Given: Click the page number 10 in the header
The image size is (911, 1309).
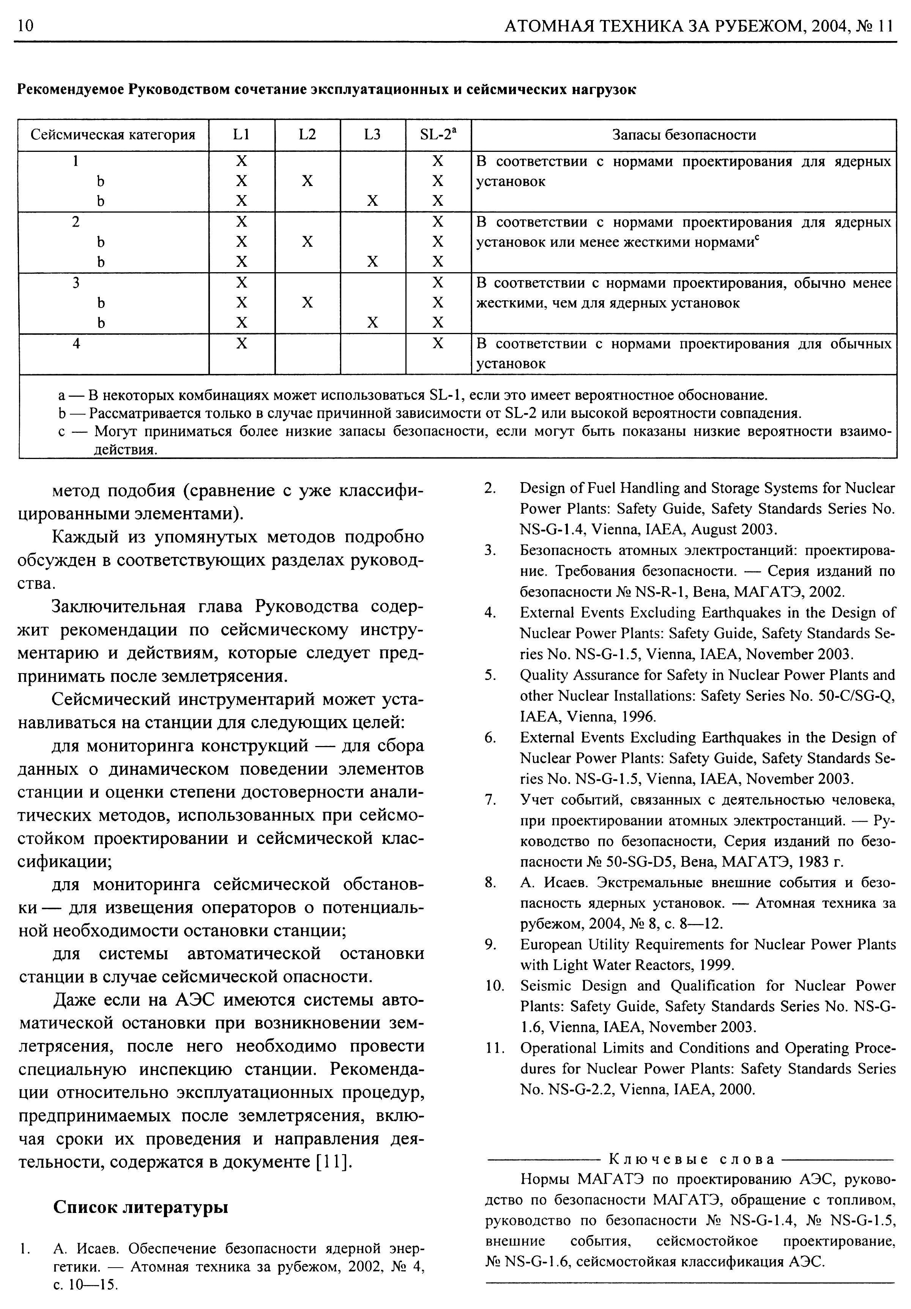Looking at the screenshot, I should [x=26, y=26].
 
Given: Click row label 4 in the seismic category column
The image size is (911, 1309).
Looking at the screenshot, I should [x=76, y=343].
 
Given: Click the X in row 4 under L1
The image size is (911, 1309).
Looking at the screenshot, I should [x=242, y=343].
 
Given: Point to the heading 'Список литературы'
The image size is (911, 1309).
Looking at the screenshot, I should [x=140, y=1207].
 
